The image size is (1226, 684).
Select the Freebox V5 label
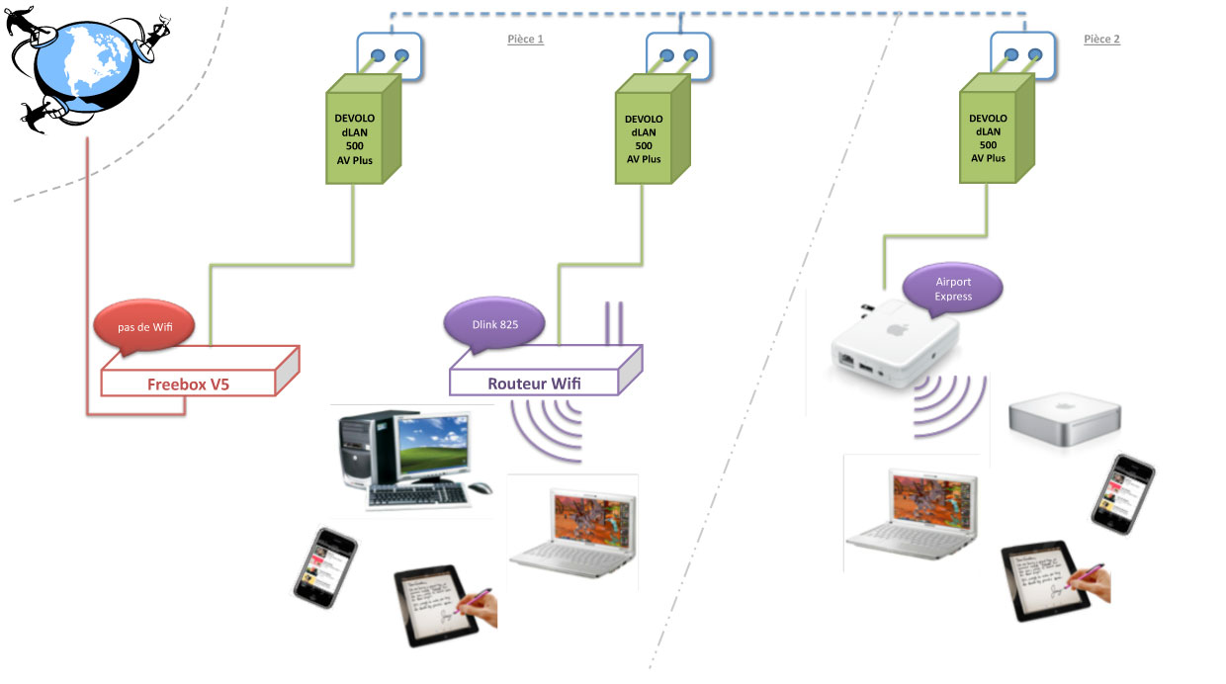pos(188,384)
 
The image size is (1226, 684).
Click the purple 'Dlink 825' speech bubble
pos(493,322)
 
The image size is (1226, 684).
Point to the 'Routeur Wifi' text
pos(531,384)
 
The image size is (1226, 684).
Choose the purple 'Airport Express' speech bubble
pos(953,289)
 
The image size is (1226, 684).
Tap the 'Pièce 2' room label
pos(1101,40)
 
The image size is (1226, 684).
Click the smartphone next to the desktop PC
pos(325,564)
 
